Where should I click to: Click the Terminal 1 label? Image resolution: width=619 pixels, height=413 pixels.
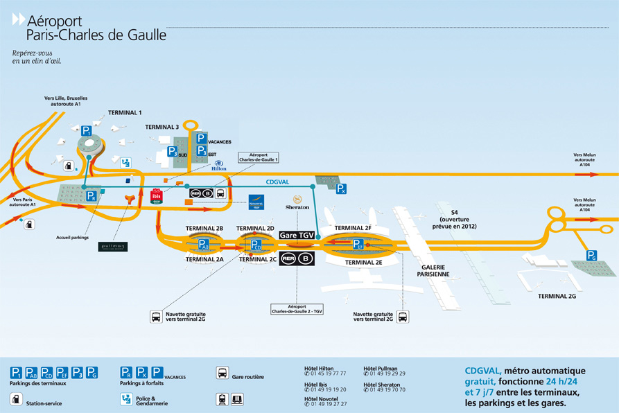point(125,112)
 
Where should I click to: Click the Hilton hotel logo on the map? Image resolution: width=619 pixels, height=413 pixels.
point(218,166)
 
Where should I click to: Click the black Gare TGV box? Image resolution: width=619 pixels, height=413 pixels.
point(297,236)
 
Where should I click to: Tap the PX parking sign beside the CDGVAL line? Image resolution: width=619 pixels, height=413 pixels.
point(341,188)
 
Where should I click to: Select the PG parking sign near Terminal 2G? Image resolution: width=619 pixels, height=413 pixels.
point(591,256)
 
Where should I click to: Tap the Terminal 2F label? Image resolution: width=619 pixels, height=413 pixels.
point(353,227)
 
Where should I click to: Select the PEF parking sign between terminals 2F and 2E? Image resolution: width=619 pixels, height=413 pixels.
point(358,244)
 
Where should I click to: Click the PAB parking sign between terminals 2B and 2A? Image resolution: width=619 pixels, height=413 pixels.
point(203,244)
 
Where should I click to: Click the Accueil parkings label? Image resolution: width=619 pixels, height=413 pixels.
point(73,237)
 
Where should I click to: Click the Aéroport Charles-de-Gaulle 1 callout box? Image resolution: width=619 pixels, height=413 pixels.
point(258,158)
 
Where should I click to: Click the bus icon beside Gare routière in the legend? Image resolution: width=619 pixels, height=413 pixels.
point(223,372)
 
